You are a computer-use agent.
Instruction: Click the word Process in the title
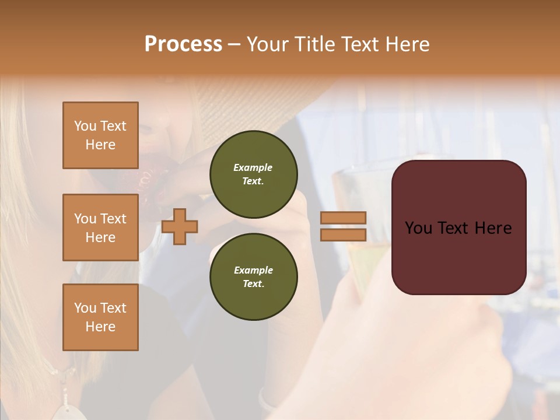[183, 44]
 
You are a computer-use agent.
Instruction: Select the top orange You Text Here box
[100, 135]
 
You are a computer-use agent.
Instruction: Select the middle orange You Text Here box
[100, 228]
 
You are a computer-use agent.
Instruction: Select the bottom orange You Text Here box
[100, 317]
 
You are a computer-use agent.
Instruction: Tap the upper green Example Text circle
[253, 174]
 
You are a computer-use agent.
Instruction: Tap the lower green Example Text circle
[253, 276]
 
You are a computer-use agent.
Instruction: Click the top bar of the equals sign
[343, 218]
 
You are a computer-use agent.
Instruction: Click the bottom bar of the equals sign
[343, 235]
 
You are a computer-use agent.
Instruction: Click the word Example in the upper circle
[253, 167]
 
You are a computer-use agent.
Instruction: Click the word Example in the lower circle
[253, 270]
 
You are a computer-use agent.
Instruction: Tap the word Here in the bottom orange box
[100, 327]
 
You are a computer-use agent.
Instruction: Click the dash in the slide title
[235, 44]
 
